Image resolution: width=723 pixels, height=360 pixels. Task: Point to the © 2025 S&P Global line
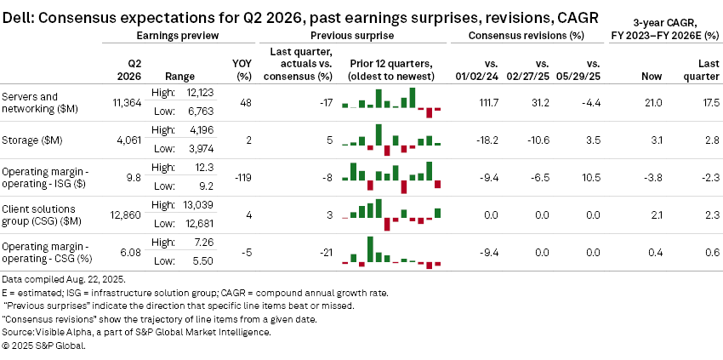(44, 345)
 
